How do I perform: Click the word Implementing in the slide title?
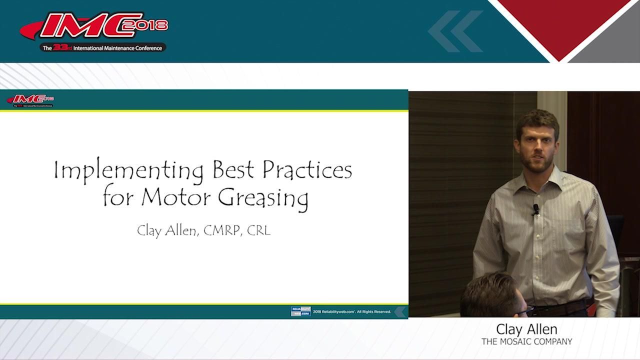(x=129, y=171)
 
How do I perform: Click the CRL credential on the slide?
(x=258, y=231)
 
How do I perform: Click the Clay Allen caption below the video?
(x=526, y=329)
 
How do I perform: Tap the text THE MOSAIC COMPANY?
(x=526, y=342)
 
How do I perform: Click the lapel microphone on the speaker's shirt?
(x=535, y=208)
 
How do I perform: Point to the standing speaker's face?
(x=538, y=148)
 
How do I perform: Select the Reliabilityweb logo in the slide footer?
(x=300, y=311)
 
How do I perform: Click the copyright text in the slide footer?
(x=352, y=311)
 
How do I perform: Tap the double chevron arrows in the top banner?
(x=455, y=31)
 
